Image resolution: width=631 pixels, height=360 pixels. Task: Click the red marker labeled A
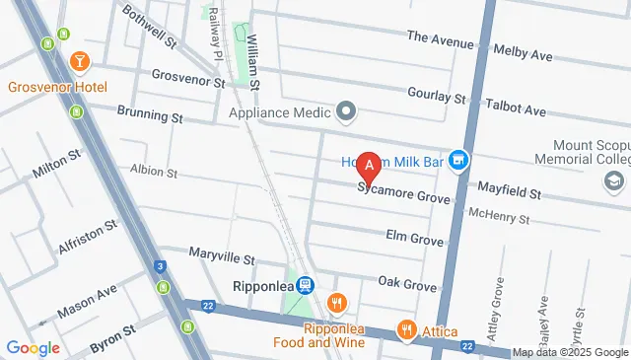pos(369,166)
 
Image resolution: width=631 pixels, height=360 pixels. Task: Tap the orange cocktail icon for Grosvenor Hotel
pos(79,63)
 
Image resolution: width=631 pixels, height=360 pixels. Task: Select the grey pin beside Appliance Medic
pos(346,110)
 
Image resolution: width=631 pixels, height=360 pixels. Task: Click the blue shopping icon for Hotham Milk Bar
pos(458,159)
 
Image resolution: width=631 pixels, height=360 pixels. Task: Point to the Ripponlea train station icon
pos(306,284)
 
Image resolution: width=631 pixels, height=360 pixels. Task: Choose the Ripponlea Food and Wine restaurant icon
pos(337,303)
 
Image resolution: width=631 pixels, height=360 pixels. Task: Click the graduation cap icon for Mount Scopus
pos(615,180)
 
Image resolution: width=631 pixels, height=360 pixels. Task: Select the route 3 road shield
pos(160,266)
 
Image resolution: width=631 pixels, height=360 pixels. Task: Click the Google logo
pos(33,347)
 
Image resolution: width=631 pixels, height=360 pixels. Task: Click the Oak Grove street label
pos(407,285)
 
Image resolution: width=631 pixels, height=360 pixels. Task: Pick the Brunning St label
pos(150,116)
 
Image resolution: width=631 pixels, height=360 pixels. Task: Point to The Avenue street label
pos(439,37)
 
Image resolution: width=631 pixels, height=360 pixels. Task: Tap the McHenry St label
pos(500,213)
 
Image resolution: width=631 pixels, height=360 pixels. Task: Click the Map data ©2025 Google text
pos(571,352)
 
